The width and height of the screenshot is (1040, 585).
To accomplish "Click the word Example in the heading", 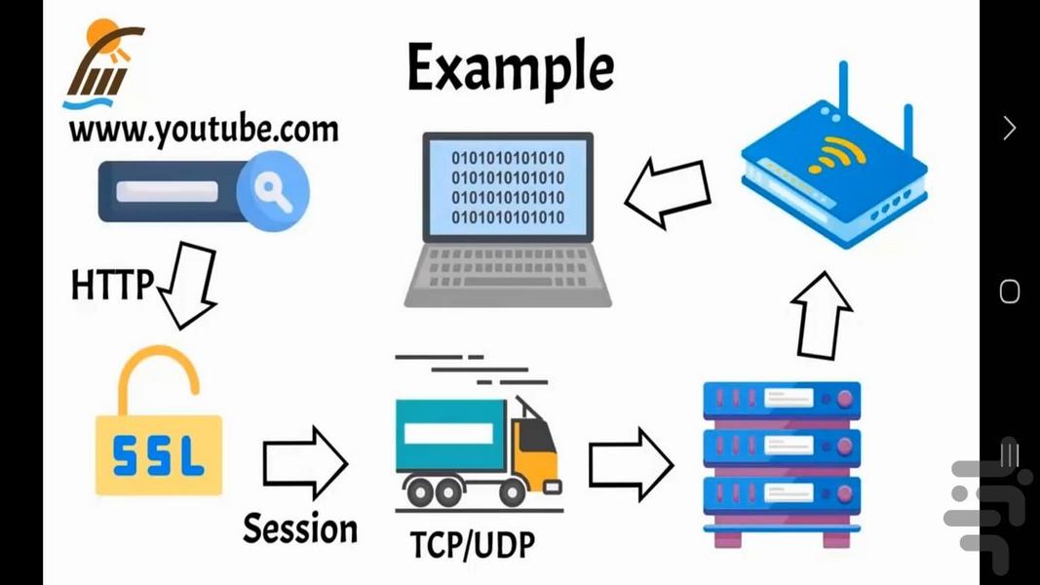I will point(510,68).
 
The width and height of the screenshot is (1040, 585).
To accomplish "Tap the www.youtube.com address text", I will point(204,131).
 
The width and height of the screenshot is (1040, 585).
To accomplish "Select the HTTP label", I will point(111,285).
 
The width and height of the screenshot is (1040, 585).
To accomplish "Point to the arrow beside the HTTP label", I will point(186,285).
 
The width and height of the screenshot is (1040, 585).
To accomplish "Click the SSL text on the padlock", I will point(158,455).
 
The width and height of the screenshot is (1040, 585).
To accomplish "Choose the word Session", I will point(300,528).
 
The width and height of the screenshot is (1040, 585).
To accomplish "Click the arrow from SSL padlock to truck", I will point(304,463).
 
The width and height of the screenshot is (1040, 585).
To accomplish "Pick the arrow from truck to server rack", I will point(631,463).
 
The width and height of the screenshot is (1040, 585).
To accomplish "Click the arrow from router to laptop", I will point(668,192).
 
